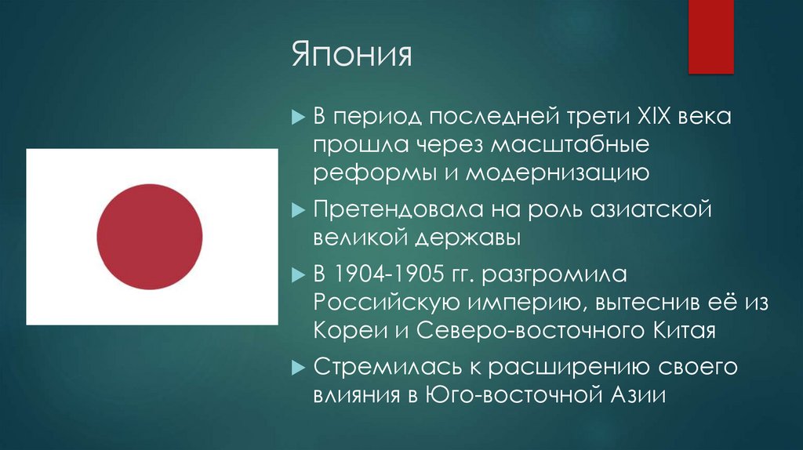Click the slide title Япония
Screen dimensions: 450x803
352,56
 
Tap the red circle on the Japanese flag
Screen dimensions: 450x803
150,235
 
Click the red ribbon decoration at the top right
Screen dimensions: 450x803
710,35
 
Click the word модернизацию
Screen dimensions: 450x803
558,172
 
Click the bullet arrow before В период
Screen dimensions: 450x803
298,119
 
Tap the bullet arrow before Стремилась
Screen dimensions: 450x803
298,367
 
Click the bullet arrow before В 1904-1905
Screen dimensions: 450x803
298,276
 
